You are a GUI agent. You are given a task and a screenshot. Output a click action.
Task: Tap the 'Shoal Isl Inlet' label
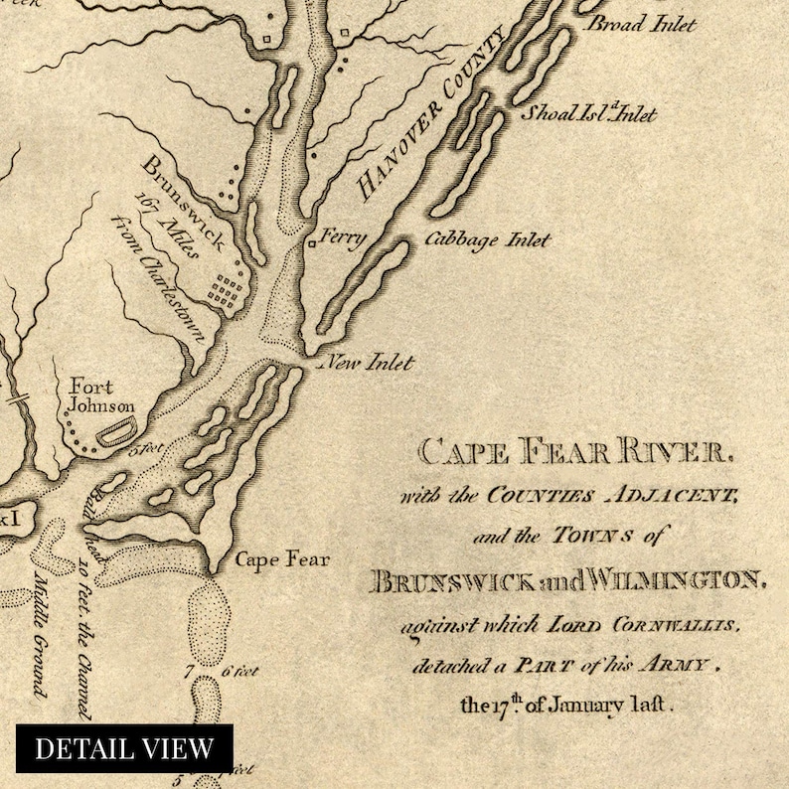pos(590,114)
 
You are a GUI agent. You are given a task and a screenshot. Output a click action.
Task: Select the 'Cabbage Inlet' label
pos(487,240)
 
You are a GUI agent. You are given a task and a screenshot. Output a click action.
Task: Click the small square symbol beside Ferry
pos(312,240)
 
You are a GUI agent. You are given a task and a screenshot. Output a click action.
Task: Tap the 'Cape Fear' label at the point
pos(281,559)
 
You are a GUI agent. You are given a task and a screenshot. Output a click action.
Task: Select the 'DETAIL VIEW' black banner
pos(124,747)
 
